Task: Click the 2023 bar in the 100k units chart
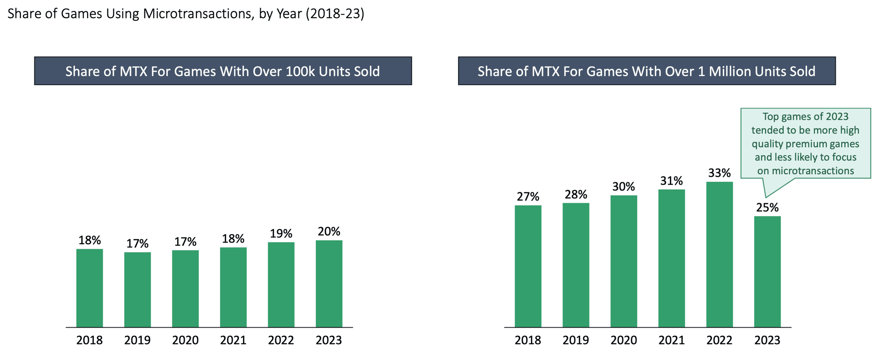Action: pos(329,283)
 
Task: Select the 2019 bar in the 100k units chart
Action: pos(137,289)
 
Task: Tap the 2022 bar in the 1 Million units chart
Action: pos(719,254)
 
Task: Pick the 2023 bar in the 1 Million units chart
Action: pos(767,272)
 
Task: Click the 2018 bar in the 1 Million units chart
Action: pos(528,266)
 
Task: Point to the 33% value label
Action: pos(719,173)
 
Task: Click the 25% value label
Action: pos(767,208)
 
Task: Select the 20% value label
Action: pos(329,231)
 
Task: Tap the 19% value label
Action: pos(281,234)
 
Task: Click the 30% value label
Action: pos(623,187)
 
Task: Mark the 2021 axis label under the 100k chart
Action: pos(233,340)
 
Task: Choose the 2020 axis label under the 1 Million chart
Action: pos(623,340)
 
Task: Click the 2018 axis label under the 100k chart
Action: pos(89,340)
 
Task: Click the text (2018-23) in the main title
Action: pos(335,14)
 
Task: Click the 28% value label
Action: pos(576,195)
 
